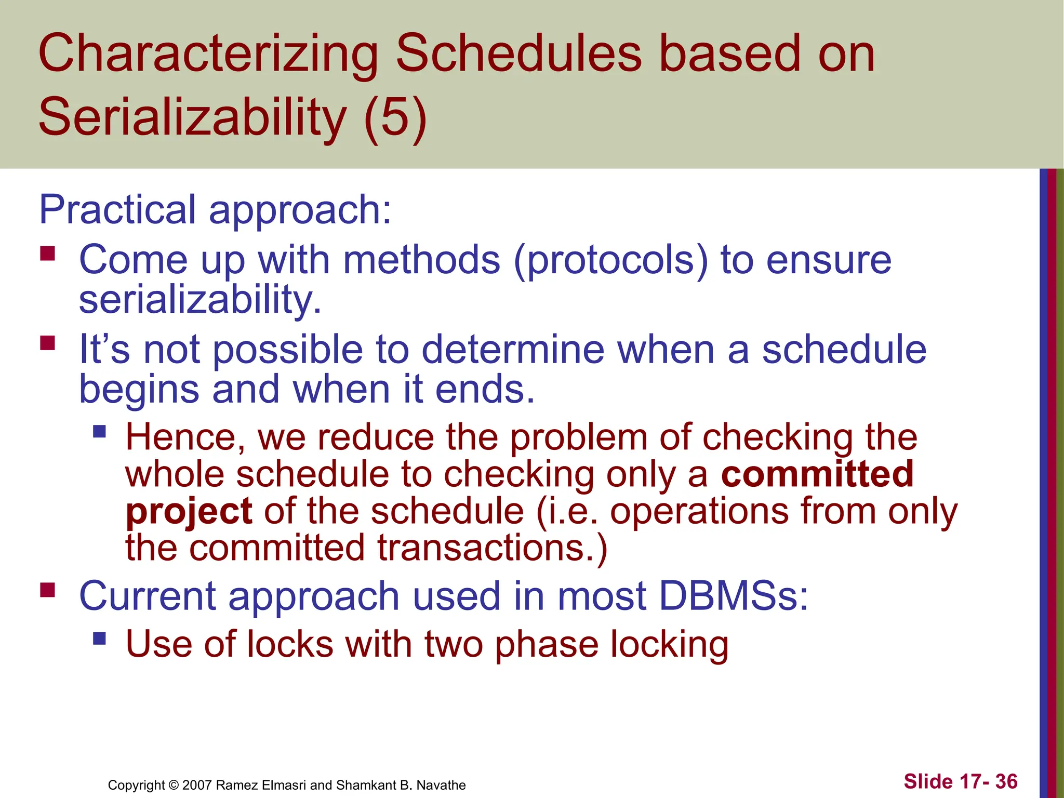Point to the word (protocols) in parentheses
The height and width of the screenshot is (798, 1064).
[610, 260]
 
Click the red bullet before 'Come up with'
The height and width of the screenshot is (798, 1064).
[47, 254]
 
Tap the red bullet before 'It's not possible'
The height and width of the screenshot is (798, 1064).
[47, 343]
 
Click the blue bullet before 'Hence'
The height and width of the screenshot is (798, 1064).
[99, 431]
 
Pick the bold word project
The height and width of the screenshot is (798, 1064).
[189, 512]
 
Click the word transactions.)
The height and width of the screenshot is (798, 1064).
[492, 548]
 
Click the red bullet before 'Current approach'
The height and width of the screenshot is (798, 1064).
[47, 590]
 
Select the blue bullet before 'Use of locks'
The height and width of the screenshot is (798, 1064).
[99, 638]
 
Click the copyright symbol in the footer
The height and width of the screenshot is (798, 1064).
[174, 785]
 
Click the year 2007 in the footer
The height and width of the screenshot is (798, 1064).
[197, 785]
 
